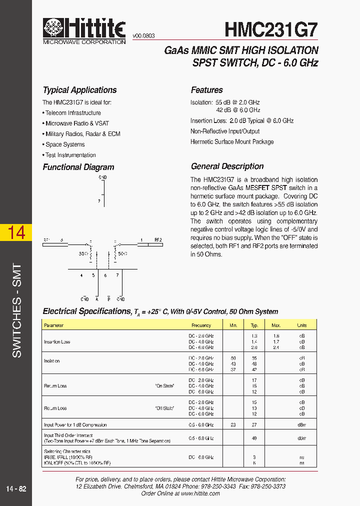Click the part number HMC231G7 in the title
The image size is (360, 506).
point(271,29)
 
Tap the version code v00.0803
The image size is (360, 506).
point(143,36)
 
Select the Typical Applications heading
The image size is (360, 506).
point(79,90)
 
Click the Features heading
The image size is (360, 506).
point(206,90)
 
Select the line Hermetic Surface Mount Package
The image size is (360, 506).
point(231,142)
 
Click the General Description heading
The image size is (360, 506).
point(227,166)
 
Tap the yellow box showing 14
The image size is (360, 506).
point(16,232)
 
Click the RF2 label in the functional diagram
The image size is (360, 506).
point(158,240)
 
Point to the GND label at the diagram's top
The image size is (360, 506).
point(102,177)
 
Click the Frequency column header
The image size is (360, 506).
point(201,325)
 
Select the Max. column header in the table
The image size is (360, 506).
point(276,325)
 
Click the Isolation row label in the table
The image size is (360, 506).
point(52,361)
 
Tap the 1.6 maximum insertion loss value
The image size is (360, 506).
point(276,336)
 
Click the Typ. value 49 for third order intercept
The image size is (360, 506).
point(254,438)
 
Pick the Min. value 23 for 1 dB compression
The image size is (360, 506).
point(233,425)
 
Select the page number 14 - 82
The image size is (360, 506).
point(16,488)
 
